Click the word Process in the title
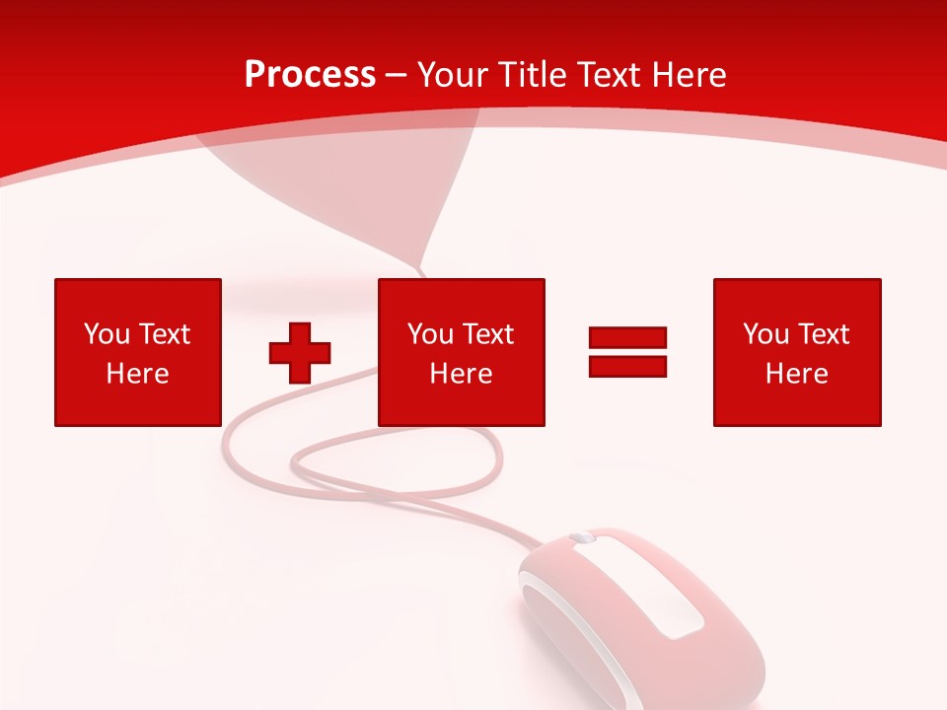point(310,75)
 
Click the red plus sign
point(300,353)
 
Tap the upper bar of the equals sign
point(627,337)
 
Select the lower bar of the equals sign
point(627,366)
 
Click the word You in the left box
point(108,334)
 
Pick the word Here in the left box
point(137,374)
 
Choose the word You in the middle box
point(431,334)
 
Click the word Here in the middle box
point(461,374)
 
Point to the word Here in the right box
point(796,374)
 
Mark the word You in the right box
point(766,334)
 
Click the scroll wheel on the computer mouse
point(582,538)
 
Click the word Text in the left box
point(165,334)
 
